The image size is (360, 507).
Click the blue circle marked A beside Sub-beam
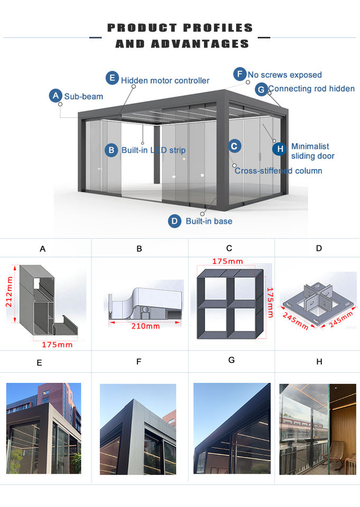tap(56, 96)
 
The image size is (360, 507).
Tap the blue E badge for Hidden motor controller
tap(112, 79)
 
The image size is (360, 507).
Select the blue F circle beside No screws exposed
tap(240, 74)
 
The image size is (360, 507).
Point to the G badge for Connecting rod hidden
tap(261, 89)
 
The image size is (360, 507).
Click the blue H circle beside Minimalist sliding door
tap(280, 149)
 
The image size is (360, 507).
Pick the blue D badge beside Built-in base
tap(174, 221)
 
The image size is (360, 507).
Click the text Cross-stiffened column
tap(278, 171)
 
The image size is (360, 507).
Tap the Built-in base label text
tap(209, 221)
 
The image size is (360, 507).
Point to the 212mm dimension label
tap(10, 301)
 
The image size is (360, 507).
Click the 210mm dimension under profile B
tap(145, 326)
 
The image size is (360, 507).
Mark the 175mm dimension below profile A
tap(58, 344)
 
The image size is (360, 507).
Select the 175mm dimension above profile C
tap(227, 261)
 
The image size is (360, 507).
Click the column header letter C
tap(229, 248)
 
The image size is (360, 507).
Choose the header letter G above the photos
tap(231, 360)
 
